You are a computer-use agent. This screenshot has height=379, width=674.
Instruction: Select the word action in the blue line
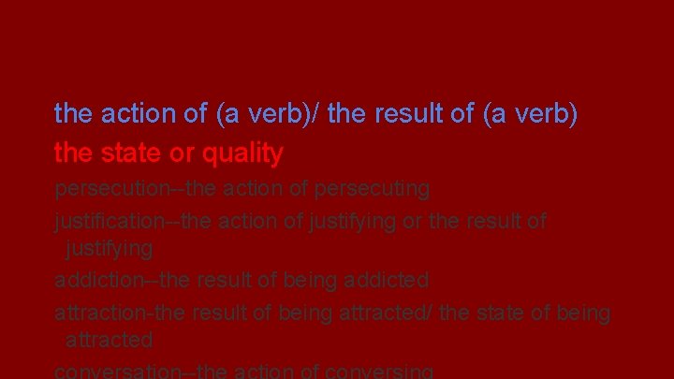[139, 114]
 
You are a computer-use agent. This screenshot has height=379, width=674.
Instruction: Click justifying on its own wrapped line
[109, 249]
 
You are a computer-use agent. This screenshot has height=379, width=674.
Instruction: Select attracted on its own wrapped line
[109, 339]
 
